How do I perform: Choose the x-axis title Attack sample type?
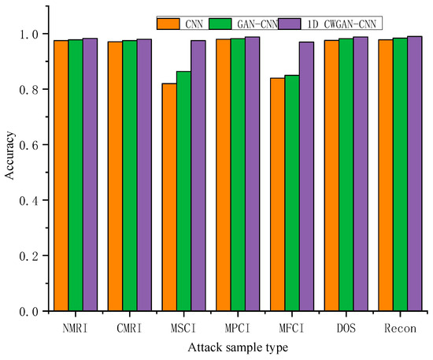tap(236, 346)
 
